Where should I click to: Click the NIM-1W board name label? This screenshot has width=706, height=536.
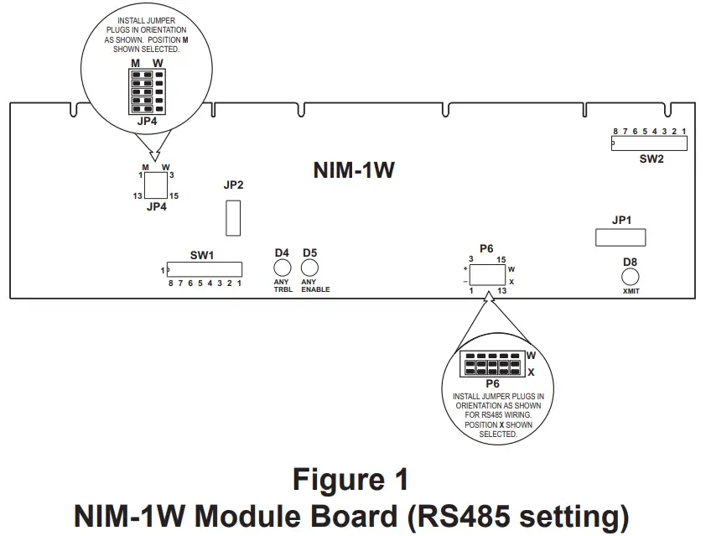(353, 171)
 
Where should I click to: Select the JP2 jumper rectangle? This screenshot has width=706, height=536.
(234, 217)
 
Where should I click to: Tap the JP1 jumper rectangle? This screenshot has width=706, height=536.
(620, 237)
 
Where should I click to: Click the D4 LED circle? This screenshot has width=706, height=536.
(283, 268)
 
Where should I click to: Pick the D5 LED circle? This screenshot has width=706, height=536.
(309, 268)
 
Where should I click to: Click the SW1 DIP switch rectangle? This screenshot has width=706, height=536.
(205, 269)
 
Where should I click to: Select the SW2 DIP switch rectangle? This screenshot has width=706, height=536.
(649, 143)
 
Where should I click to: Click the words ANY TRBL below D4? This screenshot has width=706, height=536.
(283, 285)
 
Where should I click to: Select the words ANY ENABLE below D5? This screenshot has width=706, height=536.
(315, 285)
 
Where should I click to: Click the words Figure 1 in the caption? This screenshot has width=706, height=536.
(350, 480)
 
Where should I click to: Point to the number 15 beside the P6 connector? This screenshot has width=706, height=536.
(500, 259)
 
